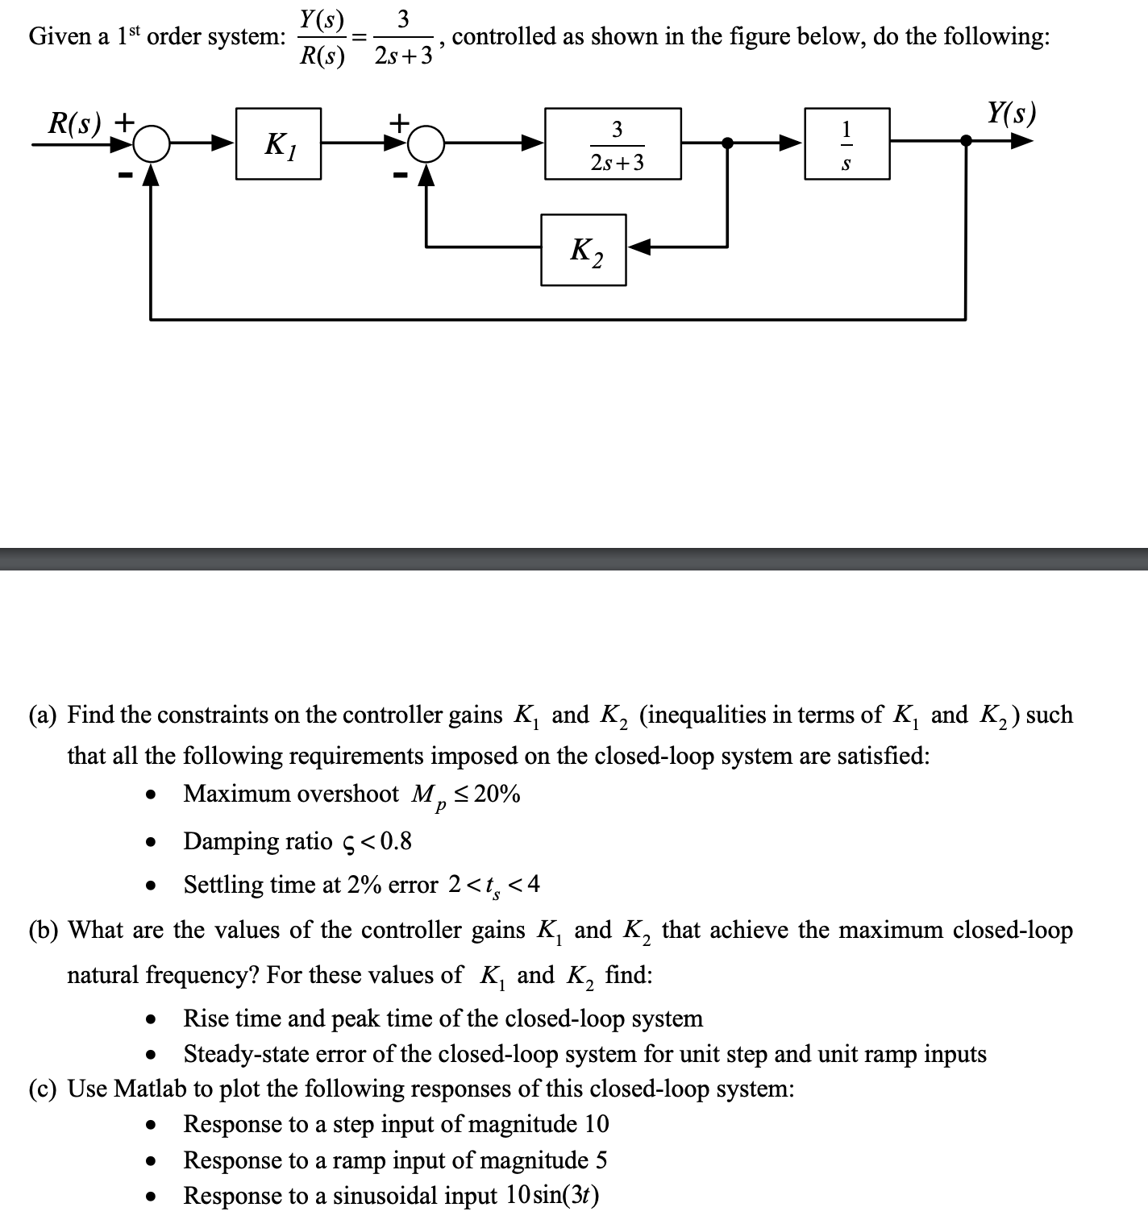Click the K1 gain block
pyautogui.click(x=278, y=143)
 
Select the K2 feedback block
pyautogui.click(x=583, y=250)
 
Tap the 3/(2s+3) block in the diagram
pyautogui.click(x=613, y=143)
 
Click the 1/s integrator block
pyautogui.click(x=846, y=143)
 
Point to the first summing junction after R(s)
pyautogui.click(x=151, y=144)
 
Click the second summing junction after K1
pyautogui.click(x=428, y=144)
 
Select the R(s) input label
pyautogui.click(x=76, y=122)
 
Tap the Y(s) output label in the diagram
pyautogui.click(x=1011, y=113)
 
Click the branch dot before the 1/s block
pyautogui.click(x=728, y=143)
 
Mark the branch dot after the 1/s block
pyautogui.click(x=966, y=141)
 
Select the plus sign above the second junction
pyautogui.click(x=399, y=122)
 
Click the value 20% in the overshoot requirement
pyautogui.click(x=497, y=794)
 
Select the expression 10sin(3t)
pyautogui.click(x=552, y=1195)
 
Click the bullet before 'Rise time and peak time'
pyautogui.click(x=150, y=1019)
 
